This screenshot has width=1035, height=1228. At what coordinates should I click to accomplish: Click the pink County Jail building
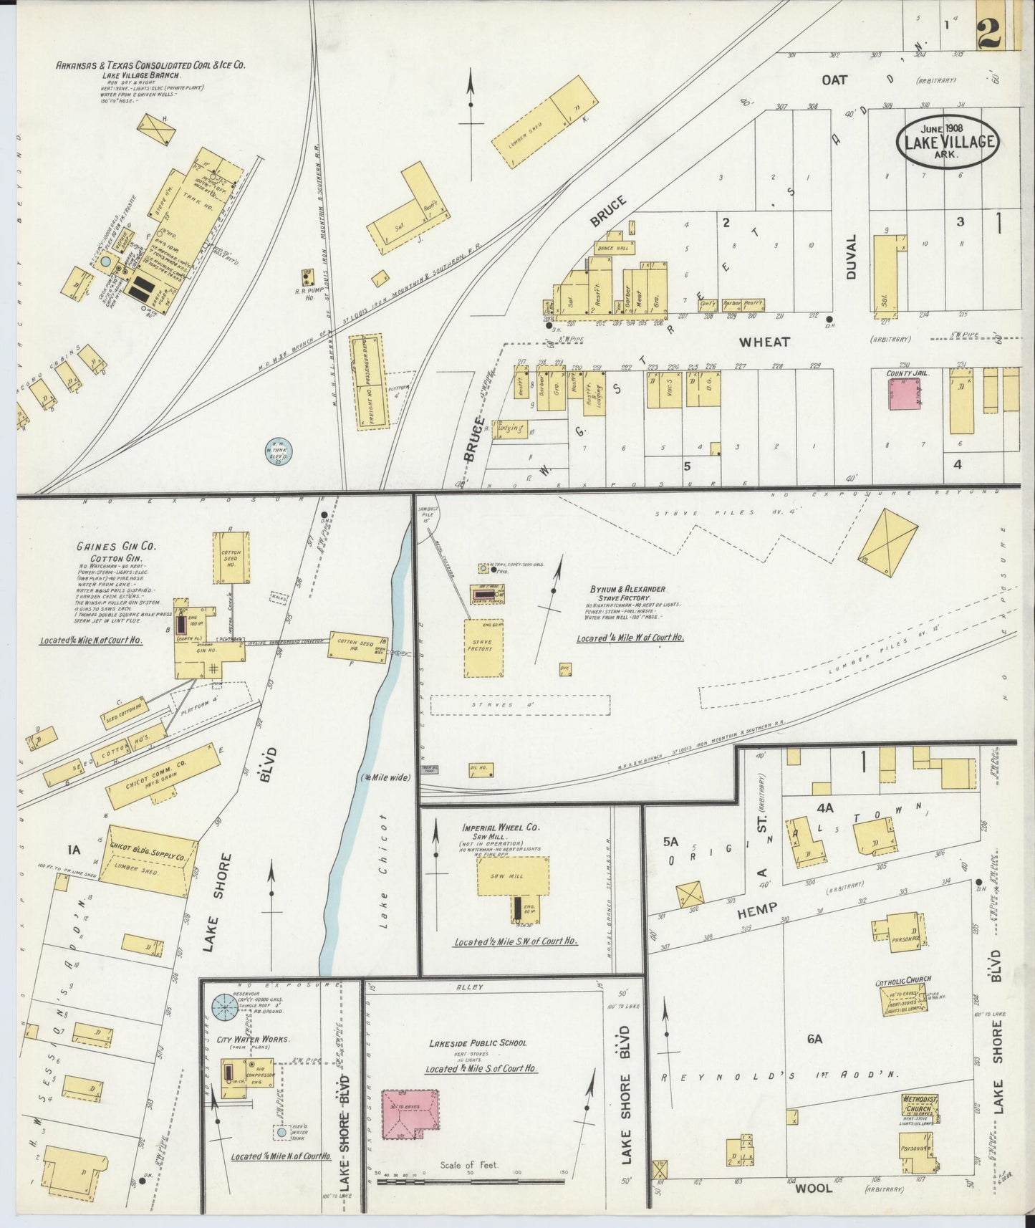coord(905,393)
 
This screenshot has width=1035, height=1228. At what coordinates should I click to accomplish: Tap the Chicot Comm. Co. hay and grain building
coord(164,776)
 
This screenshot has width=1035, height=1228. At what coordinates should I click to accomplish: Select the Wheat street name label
coord(764,342)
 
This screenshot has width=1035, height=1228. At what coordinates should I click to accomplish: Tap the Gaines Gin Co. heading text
coord(116,547)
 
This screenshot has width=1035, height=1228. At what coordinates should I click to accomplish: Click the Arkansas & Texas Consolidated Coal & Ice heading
coord(150,64)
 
